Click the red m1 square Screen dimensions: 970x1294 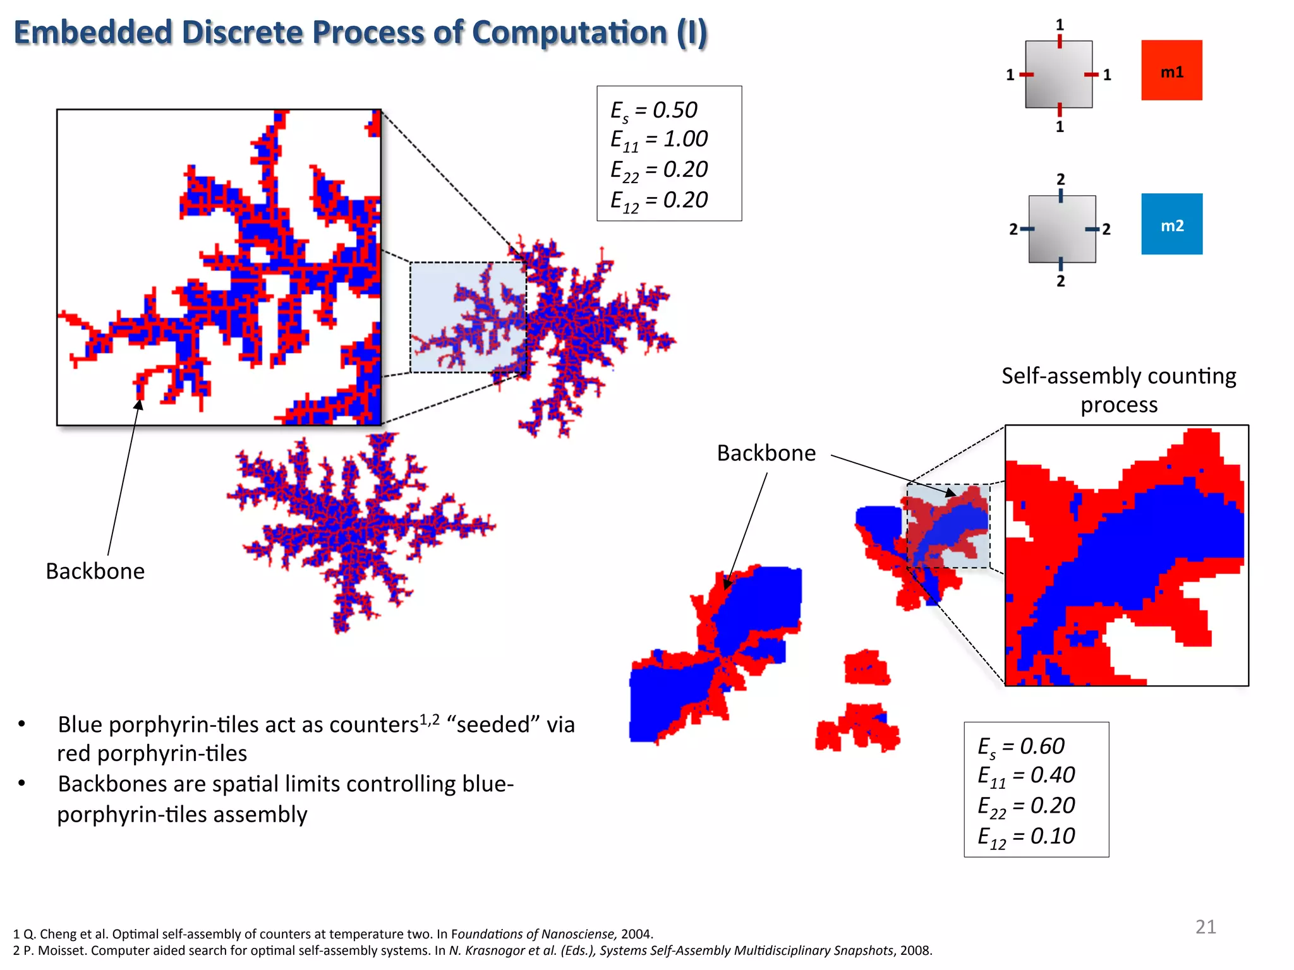point(1171,70)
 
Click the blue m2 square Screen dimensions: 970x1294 point(1171,224)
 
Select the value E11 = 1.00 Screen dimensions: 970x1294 point(659,140)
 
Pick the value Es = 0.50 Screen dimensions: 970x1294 point(654,111)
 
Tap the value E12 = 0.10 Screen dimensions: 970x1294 point(1026,837)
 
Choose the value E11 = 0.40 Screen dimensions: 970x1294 point(1026,775)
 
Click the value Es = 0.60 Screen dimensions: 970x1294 point(1021,746)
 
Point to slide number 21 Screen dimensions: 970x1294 point(1206,926)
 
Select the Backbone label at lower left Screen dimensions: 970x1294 point(95,571)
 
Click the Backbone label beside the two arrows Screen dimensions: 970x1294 point(766,453)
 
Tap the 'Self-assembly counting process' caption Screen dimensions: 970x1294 point(1118,390)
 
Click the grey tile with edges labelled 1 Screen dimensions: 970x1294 point(1058,75)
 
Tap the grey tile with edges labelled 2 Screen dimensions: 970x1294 point(1061,229)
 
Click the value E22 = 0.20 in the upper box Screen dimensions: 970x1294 point(659,170)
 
